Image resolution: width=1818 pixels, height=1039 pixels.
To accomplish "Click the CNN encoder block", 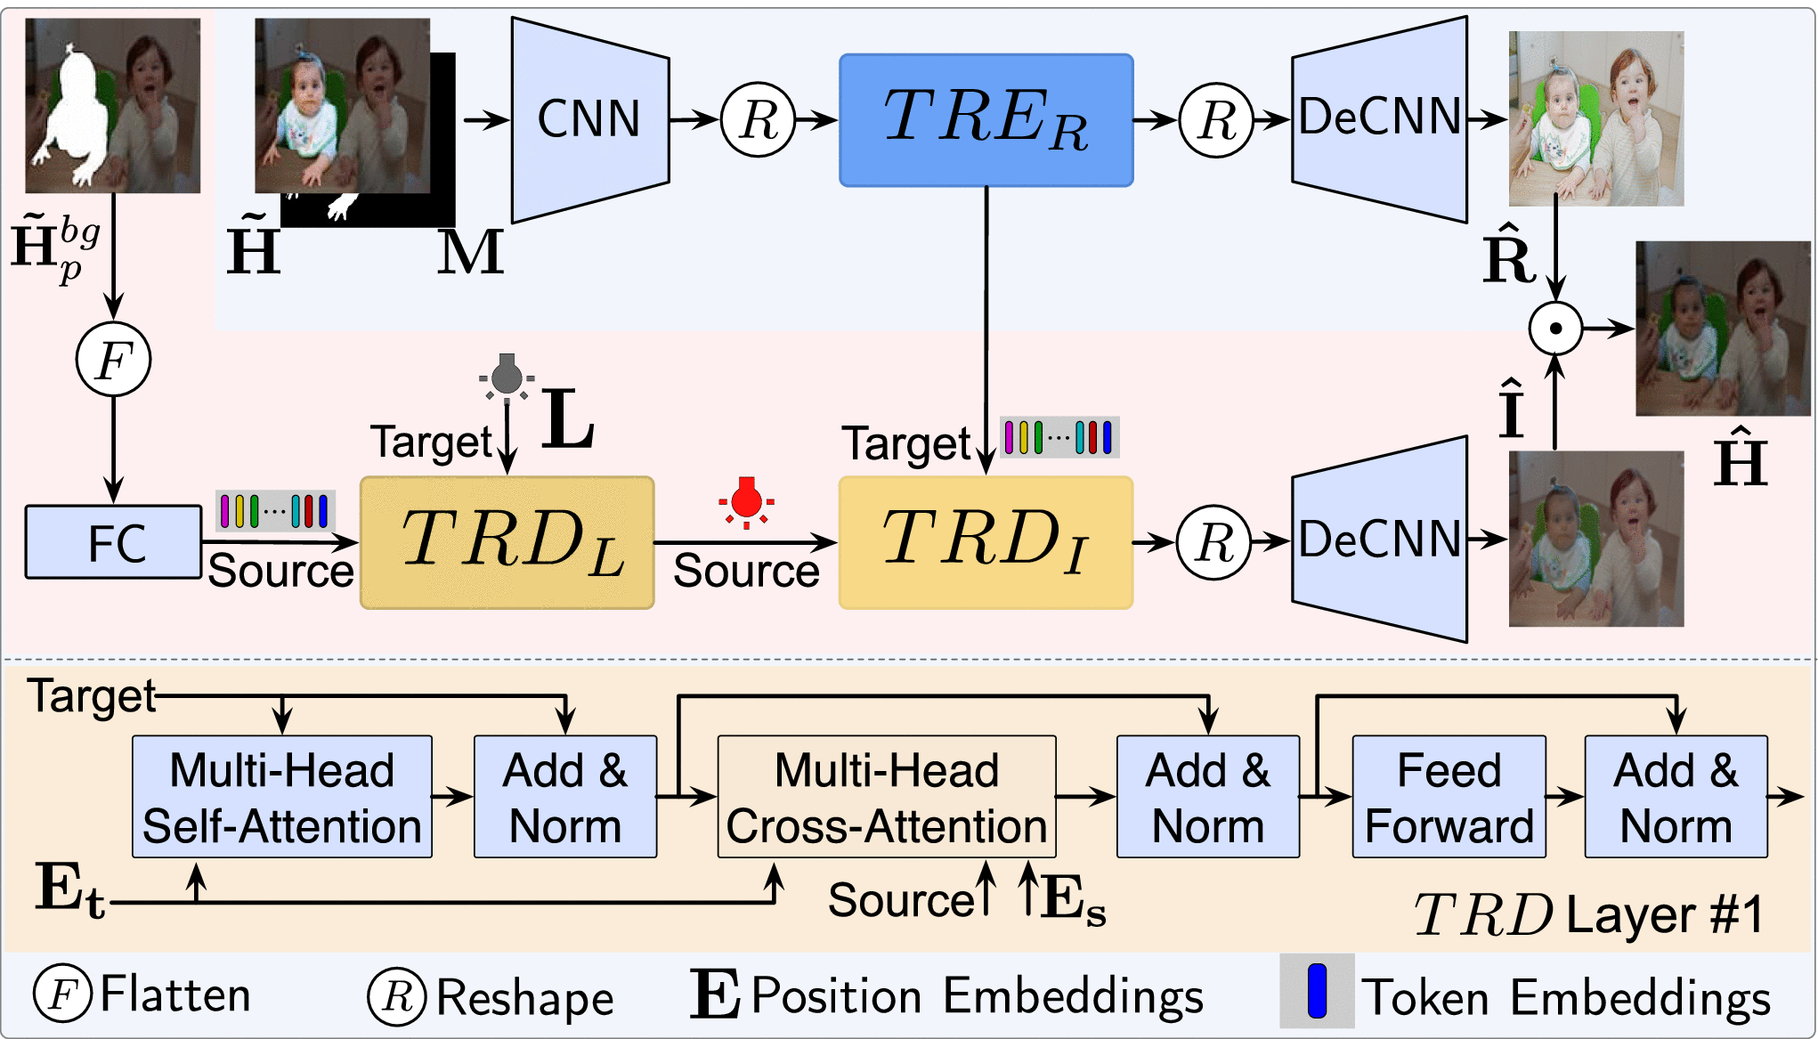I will click(589, 119).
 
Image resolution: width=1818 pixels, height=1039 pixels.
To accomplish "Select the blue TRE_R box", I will click(986, 120).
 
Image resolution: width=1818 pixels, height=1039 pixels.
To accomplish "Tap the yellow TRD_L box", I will click(507, 542).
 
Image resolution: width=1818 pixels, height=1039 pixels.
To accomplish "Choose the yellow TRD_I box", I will click(986, 542).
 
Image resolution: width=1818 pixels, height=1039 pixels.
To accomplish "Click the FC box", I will click(114, 542).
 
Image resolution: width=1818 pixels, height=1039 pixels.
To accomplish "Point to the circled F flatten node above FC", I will click(113, 360).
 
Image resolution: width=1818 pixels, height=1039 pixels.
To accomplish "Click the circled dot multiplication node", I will click(1555, 329).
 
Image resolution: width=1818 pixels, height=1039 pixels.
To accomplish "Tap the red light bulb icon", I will click(746, 501).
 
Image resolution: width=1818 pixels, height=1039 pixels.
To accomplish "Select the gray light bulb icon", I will click(507, 376).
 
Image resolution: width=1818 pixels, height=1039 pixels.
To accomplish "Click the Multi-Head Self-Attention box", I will click(281, 797).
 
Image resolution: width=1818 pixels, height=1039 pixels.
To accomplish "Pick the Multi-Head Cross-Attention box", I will click(887, 797).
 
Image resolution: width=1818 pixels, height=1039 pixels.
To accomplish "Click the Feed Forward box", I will click(1449, 797).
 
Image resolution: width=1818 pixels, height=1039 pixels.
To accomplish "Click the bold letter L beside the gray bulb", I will click(567, 419).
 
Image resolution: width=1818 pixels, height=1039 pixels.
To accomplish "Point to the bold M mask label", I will click(470, 253).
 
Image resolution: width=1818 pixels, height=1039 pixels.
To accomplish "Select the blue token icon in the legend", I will click(1317, 991).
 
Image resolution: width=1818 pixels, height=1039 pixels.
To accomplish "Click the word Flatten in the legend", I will click(175, 994).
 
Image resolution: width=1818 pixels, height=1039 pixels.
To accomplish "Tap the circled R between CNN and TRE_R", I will click(758, 120).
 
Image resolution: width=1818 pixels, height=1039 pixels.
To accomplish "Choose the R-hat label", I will click(1508, 258).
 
